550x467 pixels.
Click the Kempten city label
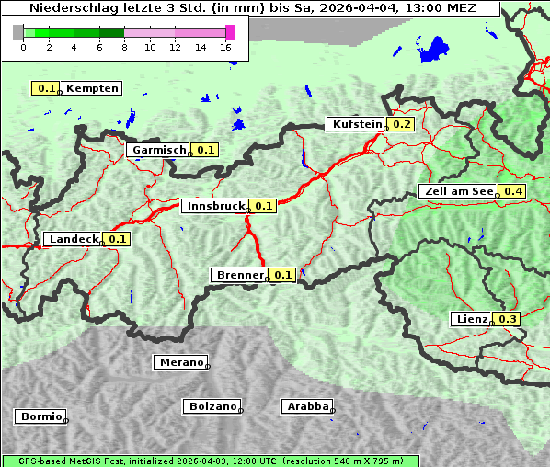coord(92,88)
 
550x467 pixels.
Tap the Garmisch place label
coord(159,150)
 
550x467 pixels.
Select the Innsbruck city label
coord(215,206)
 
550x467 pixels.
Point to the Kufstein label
coord(357,124)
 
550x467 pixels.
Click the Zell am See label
coord(457,191)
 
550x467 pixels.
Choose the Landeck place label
coord(73,239)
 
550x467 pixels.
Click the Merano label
coord(180,362)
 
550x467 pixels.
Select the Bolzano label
coord(212,406)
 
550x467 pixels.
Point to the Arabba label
coord(306,406)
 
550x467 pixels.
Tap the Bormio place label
coord(40,416)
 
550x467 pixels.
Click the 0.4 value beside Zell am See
coord(513,191)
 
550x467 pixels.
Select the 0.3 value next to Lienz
coord(508,319)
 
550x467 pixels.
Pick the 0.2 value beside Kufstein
coord(402,124)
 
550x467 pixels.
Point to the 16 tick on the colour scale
coord(226,47)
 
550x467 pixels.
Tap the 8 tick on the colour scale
coord(124,47)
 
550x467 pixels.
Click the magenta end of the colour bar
coord(230,32)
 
